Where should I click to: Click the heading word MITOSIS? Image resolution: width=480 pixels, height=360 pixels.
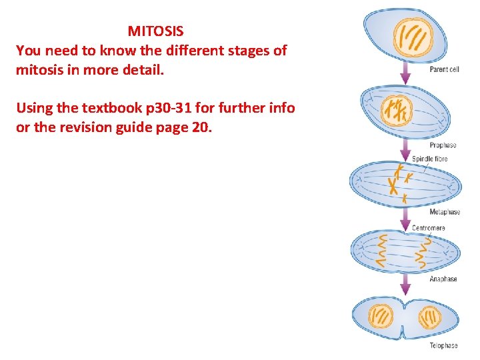pyautogui.click(x=155, y=31)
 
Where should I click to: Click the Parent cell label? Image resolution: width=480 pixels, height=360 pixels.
pyautogui.click(x=444, y=69)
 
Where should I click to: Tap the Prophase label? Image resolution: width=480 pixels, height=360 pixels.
pyautogui.click(x=443, y=145)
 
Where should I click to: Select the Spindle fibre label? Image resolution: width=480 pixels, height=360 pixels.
pyautogui.click(x=429, y=159)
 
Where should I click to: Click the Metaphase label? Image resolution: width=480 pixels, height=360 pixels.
pyautogui.click(x=445, y=212)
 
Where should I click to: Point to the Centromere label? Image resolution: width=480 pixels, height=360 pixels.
pyautogui.click(x=429, y=228)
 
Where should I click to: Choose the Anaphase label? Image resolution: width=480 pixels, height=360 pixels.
pyautogui.click(x=443, y=279)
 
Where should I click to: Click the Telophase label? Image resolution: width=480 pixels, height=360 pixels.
pyautogui.click(x=443, y=345)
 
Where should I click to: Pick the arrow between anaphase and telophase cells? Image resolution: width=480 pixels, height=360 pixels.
pyautogui.click(x=405, y=285)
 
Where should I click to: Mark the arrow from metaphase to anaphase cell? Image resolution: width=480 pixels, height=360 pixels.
pyautogui.click(x=405, y=217)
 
